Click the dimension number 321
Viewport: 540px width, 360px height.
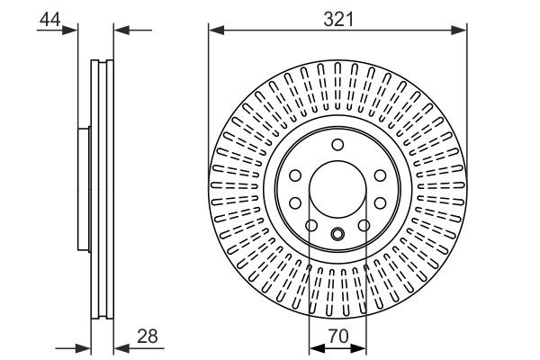point(338,19)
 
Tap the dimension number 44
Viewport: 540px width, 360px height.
point(49,19)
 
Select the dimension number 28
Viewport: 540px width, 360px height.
point(148,336)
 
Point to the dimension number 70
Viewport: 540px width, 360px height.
point(337,336)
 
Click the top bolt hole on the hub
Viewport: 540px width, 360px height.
point(337,145)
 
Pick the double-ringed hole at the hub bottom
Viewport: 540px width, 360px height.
point(337,234)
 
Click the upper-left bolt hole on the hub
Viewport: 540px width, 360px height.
point(295,175)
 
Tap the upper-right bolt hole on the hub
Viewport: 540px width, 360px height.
point(380,175)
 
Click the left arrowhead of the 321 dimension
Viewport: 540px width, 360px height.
point(217,31)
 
